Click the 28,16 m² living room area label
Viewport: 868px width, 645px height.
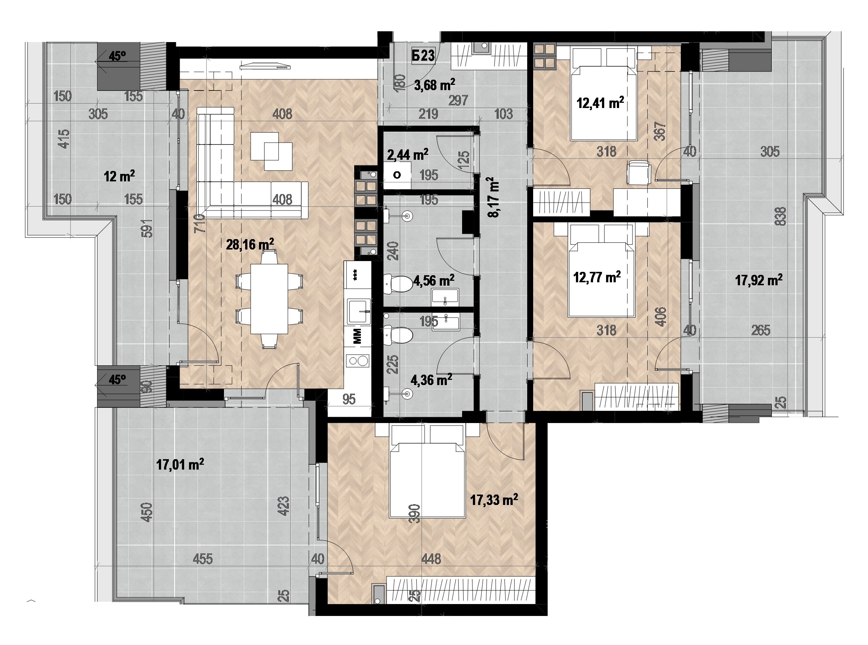pos(250,245)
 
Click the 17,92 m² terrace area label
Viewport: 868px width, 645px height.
pos(759,280)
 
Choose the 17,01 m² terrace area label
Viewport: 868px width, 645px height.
pos(180,465)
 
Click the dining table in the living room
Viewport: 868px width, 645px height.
pos(269,299)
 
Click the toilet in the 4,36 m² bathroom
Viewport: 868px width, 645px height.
pos(398,336)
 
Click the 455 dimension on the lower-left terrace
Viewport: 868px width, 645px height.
pos(203,559)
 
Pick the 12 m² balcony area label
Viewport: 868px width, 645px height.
pos(119,177)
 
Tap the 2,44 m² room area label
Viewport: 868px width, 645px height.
pos(408,155)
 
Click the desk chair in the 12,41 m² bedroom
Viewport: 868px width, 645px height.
pos(638,172)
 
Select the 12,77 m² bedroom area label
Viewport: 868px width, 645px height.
pos(597,277)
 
